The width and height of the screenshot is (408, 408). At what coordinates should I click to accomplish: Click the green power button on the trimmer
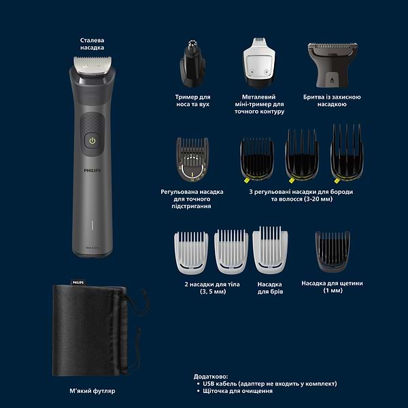click(92, 141)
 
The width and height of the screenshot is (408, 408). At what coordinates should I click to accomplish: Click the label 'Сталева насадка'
click(92, 44)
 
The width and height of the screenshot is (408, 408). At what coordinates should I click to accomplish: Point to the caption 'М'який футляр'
click(92, 391)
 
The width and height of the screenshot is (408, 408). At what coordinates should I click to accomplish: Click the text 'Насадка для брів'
click(271, 288)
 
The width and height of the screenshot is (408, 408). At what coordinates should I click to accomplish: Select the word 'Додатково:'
click(210, 375)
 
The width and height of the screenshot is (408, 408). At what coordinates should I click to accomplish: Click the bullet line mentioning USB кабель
click(269, 384)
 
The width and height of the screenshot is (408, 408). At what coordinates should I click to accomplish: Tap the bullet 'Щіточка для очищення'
click(238, 391)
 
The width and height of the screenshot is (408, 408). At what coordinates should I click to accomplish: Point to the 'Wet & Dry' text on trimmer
click(92, 248)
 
